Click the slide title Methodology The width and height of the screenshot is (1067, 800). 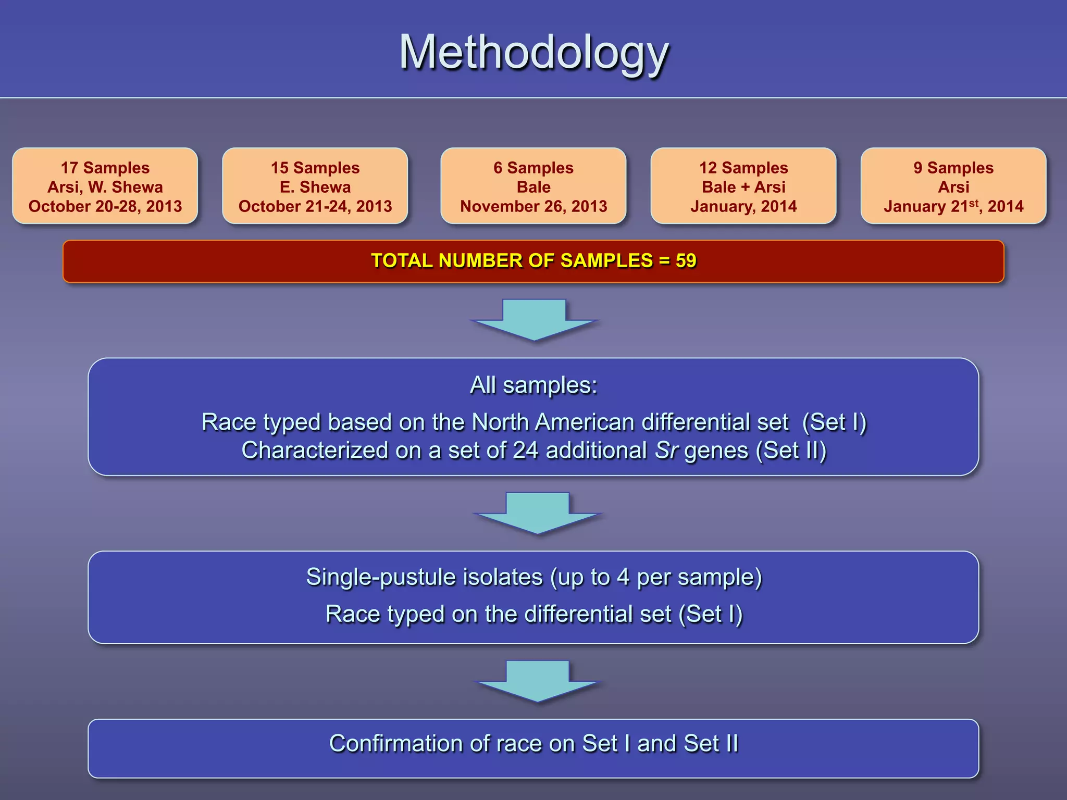pos(533,52)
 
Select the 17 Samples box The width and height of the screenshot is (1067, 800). pos(105,186)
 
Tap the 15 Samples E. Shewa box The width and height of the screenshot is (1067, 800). pos(315,186)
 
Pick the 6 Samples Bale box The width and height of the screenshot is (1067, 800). pos(533,186)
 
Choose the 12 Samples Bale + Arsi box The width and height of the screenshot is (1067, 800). pos(743,186)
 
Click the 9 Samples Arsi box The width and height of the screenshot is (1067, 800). pos(953,186)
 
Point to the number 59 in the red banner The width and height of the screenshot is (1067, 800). pos(686,260)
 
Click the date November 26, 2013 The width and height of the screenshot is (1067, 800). pos(533,206)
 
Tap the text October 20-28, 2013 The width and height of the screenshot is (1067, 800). pos(105,206)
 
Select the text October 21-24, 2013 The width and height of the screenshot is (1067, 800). pos(315,206)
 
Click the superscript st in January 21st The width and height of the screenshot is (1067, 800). pos(974,203)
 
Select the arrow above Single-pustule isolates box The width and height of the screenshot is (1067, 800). pos(537,512)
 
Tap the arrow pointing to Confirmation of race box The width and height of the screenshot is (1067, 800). pos(537,681)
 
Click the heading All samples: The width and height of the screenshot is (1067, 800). pos(533,385)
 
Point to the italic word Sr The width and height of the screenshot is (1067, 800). pos(666,451)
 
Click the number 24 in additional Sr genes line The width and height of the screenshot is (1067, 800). pos(525,451)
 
